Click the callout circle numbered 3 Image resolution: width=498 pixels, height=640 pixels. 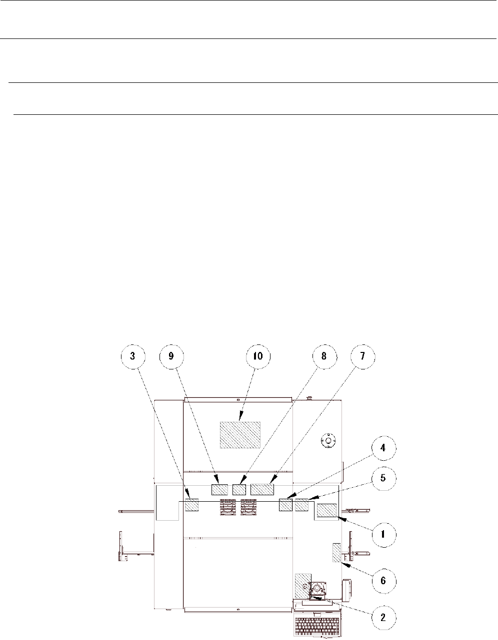point(133,356)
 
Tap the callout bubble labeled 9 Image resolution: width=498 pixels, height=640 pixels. point(171,356)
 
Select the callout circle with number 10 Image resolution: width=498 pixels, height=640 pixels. point(258,356)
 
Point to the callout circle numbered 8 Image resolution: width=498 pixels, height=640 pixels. point(324,356)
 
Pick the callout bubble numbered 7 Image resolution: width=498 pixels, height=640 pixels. point(363,356)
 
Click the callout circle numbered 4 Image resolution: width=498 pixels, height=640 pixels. point(383,448)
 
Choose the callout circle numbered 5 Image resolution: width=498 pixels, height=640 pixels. point(383,478)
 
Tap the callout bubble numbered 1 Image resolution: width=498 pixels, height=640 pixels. point(383,535)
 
